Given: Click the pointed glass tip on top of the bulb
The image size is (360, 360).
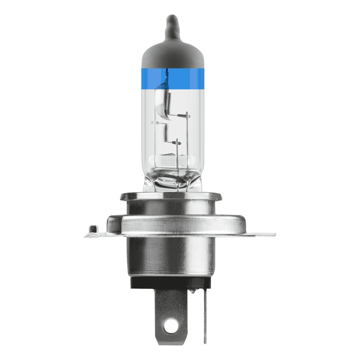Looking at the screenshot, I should (x=171, y=24).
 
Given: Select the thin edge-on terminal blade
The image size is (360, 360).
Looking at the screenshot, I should (x=205, y=317).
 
